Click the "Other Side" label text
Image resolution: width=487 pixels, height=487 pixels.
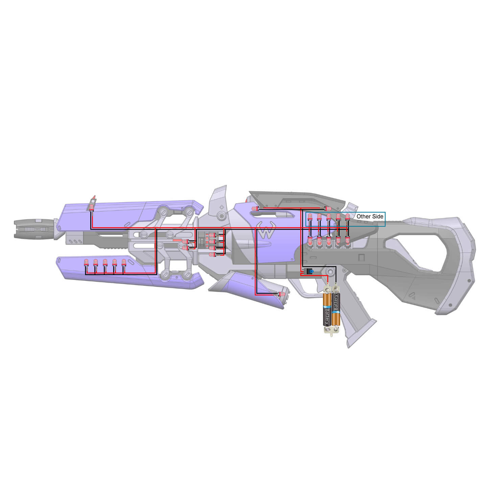point(370,216)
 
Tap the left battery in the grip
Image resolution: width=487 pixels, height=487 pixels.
point(327,309)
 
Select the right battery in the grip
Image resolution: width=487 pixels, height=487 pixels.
point(336,306)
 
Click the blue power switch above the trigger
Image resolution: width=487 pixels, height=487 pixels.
point(310,271)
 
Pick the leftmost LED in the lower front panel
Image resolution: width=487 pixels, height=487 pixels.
point(86,262)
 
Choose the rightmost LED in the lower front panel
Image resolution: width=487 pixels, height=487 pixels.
point(124,262)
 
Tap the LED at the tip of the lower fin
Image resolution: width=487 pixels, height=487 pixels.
point(282,294)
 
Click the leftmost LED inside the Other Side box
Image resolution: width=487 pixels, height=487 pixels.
point(310,216)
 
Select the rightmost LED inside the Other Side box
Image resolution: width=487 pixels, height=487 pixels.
point(347,216)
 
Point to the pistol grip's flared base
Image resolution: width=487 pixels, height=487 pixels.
point(360,333)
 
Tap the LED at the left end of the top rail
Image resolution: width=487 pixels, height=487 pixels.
point(254,209)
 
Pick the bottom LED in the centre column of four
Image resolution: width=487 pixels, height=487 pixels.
point(212,254)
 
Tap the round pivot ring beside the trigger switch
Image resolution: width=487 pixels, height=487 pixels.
point(330,271)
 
